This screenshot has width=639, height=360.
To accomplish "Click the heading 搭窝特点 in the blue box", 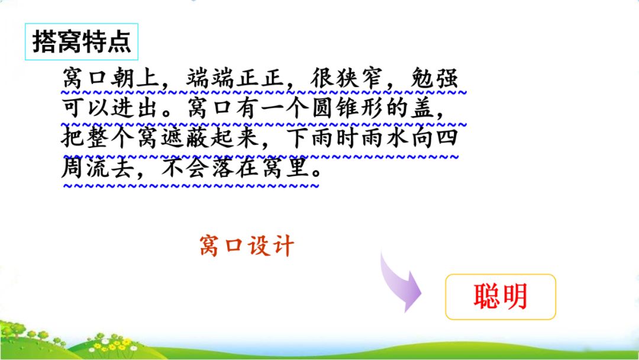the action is (x=82, y=41).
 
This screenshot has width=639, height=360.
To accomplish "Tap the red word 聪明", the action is (x=501, y=297).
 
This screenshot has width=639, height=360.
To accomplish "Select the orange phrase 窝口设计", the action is (x=247, y=246).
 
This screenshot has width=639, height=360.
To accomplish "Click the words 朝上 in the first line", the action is (x=135, y=78).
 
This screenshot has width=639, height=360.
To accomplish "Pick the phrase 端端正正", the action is (x=235, y=78).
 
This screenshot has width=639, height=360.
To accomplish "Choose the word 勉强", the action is (x=434, y=78).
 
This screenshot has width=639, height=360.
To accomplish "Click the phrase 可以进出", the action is (x=109, y=108).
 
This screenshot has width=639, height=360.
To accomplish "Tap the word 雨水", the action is (x=385, y=138).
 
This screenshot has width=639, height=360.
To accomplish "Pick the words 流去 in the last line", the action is (x=109, y=168).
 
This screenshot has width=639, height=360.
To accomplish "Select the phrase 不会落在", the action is (x=209, y=168).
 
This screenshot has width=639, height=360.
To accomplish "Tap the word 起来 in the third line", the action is (x=235, y=138).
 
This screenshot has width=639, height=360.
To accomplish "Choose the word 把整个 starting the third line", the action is (x=98, y=138).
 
